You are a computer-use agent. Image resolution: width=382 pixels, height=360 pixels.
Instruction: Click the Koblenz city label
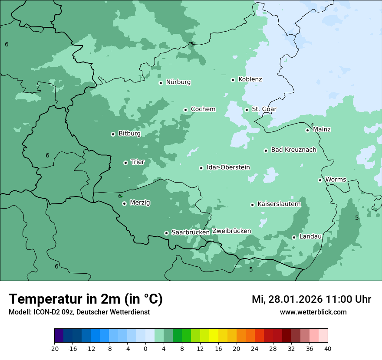pyautogui.click(x=250, y=79)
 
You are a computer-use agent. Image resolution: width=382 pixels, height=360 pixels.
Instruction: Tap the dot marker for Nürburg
pyautogui.click(x=161, y=83)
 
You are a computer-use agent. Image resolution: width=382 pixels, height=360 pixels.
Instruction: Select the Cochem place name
pyautogui.click(x=203, y=109)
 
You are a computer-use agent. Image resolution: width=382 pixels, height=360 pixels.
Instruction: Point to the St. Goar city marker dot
pyautogui.click(x=247, y=110)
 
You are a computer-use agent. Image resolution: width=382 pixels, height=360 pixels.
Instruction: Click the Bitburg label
pyautogui.click(x=129, y=134)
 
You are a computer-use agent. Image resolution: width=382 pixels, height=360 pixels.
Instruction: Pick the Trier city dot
pyautogui.click(x=125, y=163)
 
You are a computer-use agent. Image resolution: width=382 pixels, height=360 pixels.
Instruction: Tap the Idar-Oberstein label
pyautogui.click(x=228, y=167)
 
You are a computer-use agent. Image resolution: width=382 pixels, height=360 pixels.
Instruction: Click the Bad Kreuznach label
pyautogui.click(x=293, y=150)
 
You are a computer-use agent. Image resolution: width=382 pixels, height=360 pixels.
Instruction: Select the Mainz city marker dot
pyautogui.click(x=307, y=130)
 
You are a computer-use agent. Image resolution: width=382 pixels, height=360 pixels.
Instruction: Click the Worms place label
pyautogui.click(x=336, y=180)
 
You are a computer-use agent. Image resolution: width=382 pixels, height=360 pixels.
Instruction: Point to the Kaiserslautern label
pyautogui.click(x=279, y=204)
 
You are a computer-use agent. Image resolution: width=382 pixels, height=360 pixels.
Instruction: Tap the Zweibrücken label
pyautogui.click(x=231, y=231)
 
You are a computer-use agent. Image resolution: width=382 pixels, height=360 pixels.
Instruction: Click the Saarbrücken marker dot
pyautogui.click(x=166, y=233)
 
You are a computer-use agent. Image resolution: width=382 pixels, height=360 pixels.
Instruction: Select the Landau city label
pyautogui.click(x=310, y=236)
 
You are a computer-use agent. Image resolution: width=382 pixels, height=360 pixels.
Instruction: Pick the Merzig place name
pyautogui.click(x=140, y=203)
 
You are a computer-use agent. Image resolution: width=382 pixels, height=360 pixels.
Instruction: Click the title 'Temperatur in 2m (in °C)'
pyautogui.click(x=86, y=299)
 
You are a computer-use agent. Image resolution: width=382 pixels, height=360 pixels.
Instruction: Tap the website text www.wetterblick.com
pyautogui.click(x=313, y=312)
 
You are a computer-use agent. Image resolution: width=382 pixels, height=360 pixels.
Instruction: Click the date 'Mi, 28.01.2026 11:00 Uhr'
pyautogui.click(x=311, y=299)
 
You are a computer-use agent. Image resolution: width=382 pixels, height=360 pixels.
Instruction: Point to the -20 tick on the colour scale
pyautogui.click(x=54, y=349)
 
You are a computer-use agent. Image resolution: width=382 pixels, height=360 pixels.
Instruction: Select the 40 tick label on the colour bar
pyautogui.click(x=328, y=349)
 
